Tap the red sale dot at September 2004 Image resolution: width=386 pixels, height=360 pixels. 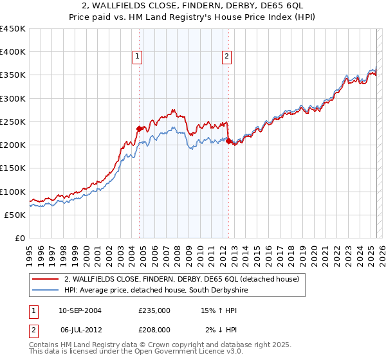(139, 129)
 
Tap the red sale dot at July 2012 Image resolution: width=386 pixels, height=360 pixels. (228, 141)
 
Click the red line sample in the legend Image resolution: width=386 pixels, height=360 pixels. (46, 280)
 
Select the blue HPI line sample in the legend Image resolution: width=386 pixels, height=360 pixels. (46, 291)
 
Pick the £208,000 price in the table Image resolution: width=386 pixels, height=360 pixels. (154, 329)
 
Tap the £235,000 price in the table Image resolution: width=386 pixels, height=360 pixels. (154, 310)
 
